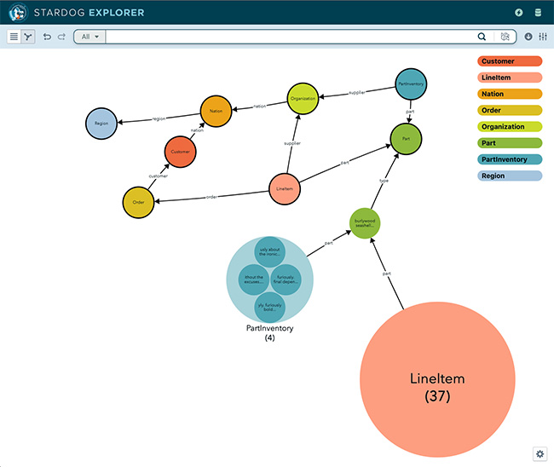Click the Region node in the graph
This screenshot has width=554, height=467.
pos(101,124)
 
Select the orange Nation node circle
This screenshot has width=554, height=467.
pos(216,111)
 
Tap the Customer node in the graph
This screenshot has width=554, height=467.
pos(180,151)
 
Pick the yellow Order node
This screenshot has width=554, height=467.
pos(138,202)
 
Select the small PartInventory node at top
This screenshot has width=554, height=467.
pos(412,84)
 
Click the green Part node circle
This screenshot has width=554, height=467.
pos(406,138)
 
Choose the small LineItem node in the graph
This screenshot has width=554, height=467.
pos(285,189)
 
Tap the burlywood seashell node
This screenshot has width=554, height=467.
pos(365,223)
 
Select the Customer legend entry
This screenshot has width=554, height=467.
pos(510,61)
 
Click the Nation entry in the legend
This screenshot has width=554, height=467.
pos(510,94)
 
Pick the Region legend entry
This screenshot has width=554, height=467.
pos(510,176)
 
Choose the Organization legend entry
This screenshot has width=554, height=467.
pos(510,127)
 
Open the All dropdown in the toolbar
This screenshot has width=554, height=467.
pos(90,37)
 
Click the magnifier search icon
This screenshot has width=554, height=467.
pos(482,37)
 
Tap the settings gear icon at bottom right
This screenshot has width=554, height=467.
pos(540,453)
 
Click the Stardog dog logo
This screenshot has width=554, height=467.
pos(17,13)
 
